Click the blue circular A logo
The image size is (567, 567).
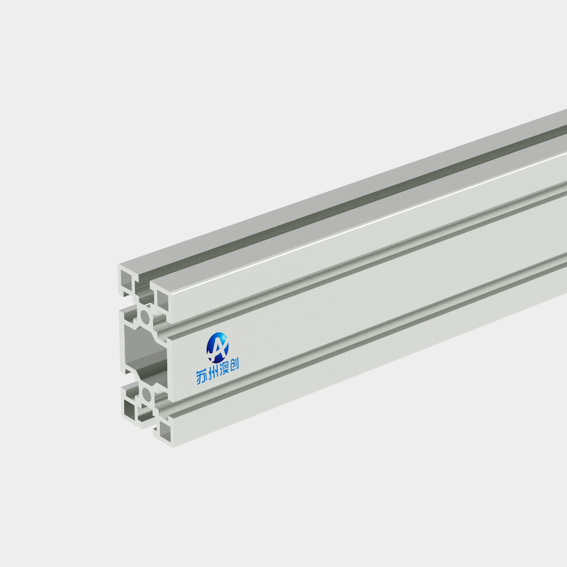click(217, 348)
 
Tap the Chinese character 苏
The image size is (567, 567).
click(202, 378)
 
